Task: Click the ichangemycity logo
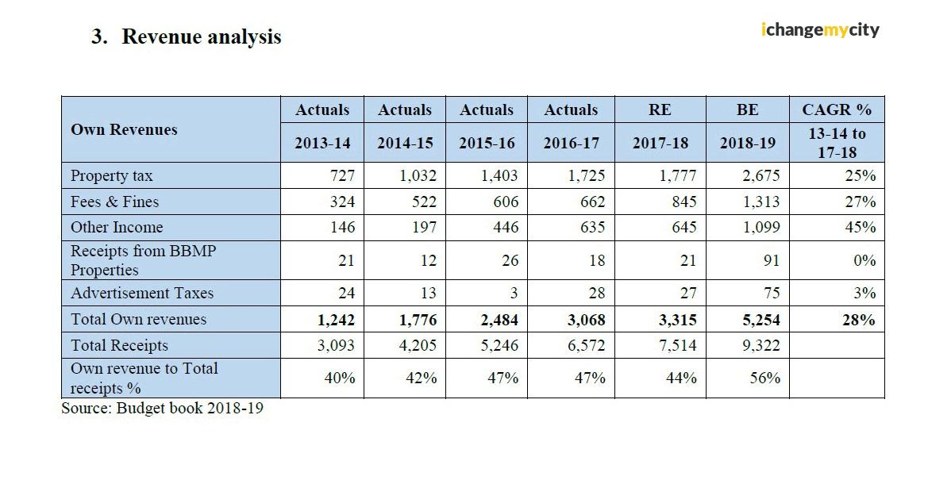coord(820,30)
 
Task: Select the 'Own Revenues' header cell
coord(124,129)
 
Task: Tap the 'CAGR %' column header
coord(837,110)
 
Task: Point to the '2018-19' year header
coord(747,144)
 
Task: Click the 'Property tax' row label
coord(112,175)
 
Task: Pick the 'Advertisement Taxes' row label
coord(142,293)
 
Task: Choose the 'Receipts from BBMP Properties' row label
coord(143,260)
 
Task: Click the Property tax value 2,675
coord(760,175)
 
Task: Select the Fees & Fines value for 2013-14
coord(341,202)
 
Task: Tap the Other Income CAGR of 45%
coord(861,227)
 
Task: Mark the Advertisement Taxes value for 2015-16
coord(513,293)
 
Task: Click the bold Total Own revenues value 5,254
coord(759,320)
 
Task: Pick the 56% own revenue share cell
coord(764,378)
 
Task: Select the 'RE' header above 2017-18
coord(659,110)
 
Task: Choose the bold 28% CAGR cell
coord(860,320)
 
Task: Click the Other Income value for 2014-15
coord(424,227)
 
